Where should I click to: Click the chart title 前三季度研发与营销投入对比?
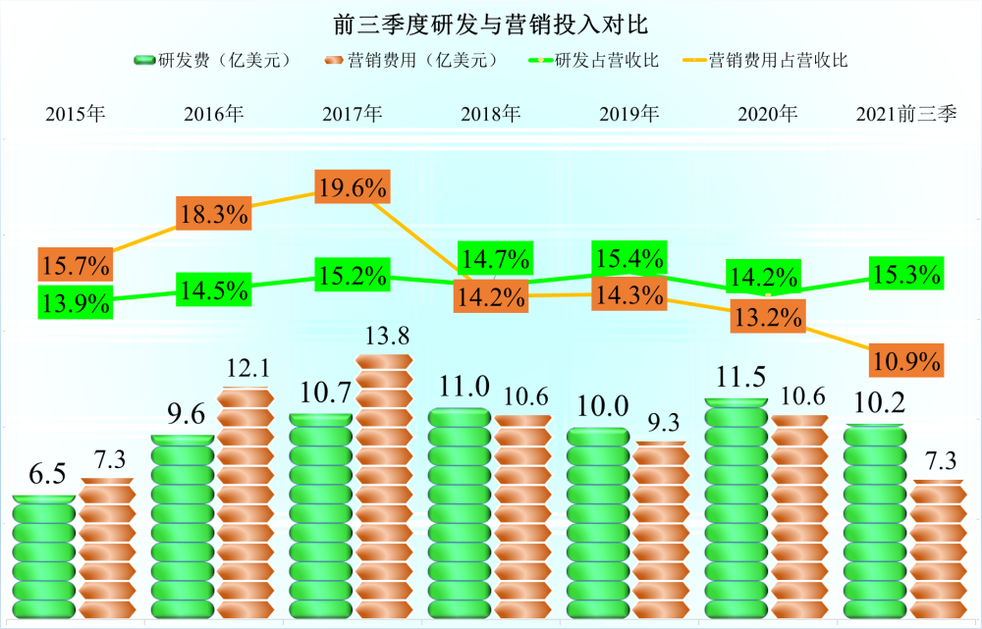coord(490,22)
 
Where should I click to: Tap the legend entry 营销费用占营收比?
coord(766,61)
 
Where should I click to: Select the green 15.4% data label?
coord(629,261)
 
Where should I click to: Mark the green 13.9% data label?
coord(75,302)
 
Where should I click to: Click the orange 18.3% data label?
coord(213,214)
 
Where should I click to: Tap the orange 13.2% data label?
coord(768,317)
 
